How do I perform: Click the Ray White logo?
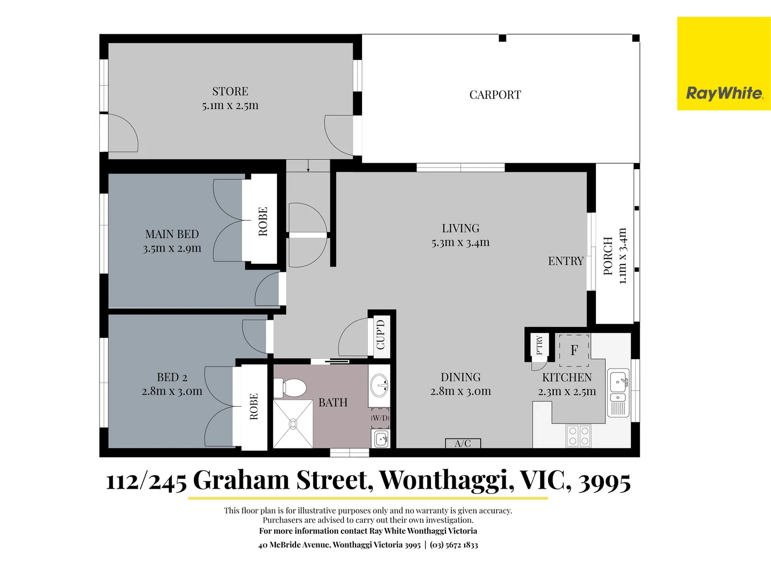pos(724,93)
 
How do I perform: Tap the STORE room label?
pos(230,92)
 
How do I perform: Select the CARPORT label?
pos(495,95)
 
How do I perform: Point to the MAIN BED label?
pos(172,234)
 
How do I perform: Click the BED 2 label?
pos(172,377)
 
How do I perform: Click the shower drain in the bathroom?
pos(293,423)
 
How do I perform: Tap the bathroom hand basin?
pos(380,385)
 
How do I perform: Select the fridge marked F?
pos(574,350)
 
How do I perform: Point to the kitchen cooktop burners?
pos(578,436)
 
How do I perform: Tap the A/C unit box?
pos(463,443)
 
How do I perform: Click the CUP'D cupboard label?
pos(381,334)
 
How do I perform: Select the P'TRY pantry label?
pos(539,345)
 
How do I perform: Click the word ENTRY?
pos(565,261)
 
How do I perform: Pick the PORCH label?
pos(608,256)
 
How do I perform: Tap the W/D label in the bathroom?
pos(380,418)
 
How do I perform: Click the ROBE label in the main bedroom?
pos(263,221)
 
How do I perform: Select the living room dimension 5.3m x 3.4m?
pos(460,242)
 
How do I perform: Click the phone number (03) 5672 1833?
pos(453,545)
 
